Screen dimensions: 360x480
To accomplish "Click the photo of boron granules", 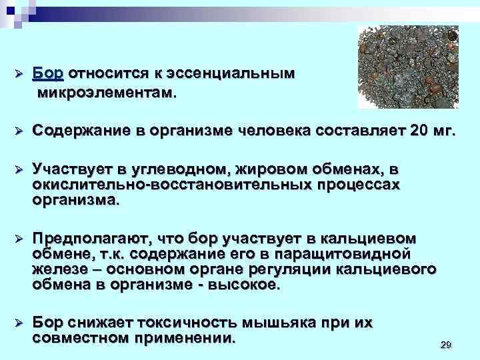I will coord(408,67).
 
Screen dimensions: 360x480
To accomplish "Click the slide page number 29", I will coord(446,344).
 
